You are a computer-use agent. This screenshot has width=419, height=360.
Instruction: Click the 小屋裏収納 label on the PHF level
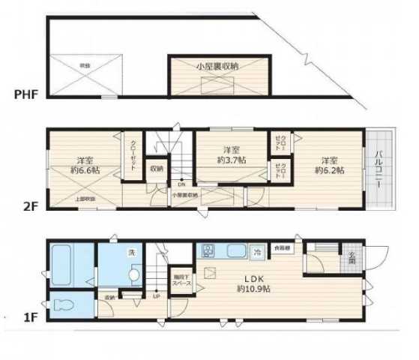(217, 67)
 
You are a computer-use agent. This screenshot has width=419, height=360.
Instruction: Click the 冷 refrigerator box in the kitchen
(257, 251)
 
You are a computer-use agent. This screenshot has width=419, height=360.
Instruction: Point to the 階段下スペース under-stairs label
(179, 277)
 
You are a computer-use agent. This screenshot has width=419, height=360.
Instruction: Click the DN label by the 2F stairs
(181, 183)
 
